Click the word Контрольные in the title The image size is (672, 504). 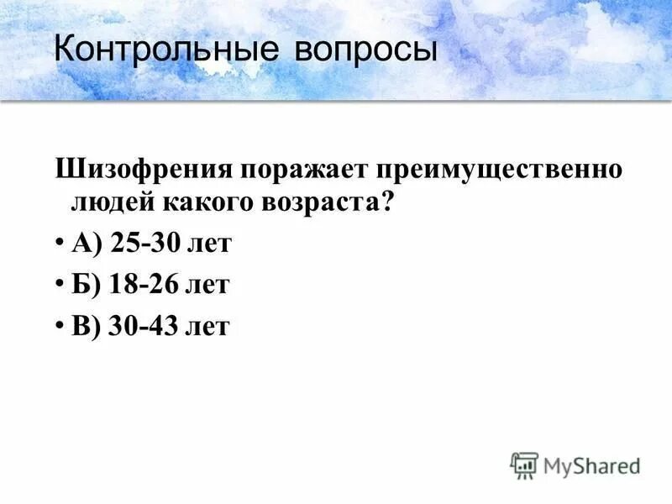coord(165,50)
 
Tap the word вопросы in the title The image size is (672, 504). coord(365,50)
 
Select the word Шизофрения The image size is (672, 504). coord(144,169)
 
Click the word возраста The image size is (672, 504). coord(328,204)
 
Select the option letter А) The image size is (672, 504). coord(87,244)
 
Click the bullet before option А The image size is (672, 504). coord(61,244)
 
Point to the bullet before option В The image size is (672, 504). coord(61,326)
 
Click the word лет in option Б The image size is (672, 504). coord(207,285)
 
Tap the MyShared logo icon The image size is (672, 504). coord(524,465)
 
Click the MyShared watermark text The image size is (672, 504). coord(591,465)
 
